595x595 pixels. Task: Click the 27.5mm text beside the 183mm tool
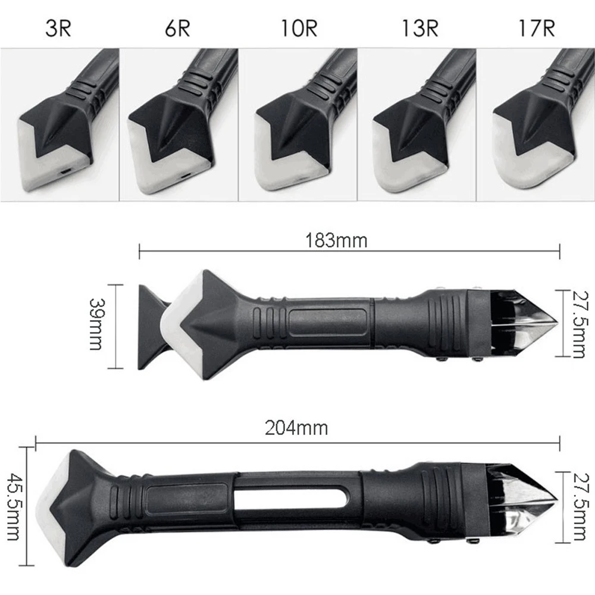(578, 324)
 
